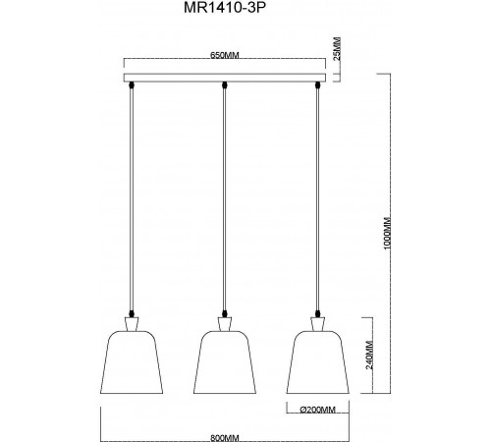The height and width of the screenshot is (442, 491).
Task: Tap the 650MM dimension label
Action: click(x=226, y=57)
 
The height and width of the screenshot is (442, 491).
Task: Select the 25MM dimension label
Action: click(x=338, y=47)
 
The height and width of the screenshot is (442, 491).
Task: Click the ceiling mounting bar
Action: click(x=226, y=78)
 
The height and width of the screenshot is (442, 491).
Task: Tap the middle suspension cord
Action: click(x=226, y=196)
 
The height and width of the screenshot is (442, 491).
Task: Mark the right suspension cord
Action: click(x=316, y=196)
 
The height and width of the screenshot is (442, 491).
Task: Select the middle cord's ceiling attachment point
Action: click(x=226, y=88)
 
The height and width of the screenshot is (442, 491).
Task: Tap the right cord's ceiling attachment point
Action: click(x=316, y=88)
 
